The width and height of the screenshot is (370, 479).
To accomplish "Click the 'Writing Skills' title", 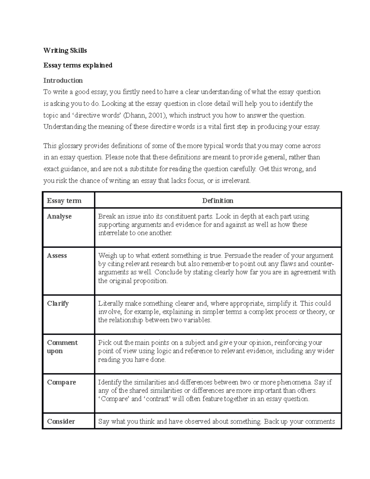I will [65, 51].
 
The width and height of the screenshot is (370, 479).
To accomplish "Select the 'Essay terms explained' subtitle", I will [78, 65].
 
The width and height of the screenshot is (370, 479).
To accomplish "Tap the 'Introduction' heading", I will [63, 81].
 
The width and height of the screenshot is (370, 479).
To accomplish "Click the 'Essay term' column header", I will [64, 201].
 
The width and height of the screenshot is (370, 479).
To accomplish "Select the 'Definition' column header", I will [218, 201].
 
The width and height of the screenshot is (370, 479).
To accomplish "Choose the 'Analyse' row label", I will [59, 217].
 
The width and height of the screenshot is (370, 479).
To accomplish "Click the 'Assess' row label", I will [57, 256].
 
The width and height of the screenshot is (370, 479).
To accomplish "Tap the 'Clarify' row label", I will [58, 304].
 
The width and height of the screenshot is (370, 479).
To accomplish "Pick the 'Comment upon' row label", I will [62, 347].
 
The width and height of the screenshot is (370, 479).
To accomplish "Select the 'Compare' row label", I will [61, 382].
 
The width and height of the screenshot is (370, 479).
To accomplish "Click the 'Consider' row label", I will [61, 422].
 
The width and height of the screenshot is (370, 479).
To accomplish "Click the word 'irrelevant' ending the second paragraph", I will [236, 181].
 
